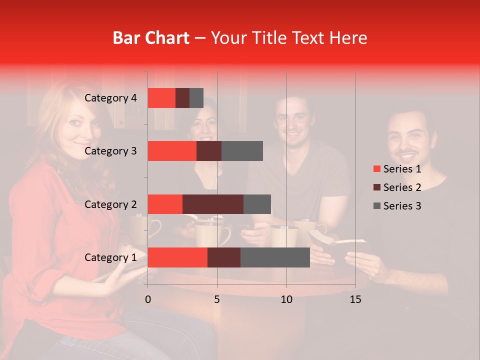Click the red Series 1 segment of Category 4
[161, 98]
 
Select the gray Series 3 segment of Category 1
[275, 257]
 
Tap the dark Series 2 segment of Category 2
[213, 204]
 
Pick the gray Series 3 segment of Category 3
[242, 151]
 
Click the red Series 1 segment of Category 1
[177, 257]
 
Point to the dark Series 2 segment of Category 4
[182, 98]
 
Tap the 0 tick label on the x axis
[148, 299]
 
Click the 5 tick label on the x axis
[217, 299]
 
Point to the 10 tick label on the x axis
[286, 299]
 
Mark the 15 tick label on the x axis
[355, 299]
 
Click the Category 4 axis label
[110, 98]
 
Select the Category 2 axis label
[110, 204]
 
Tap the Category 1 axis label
[110, 257]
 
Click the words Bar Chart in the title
[151, 38]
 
